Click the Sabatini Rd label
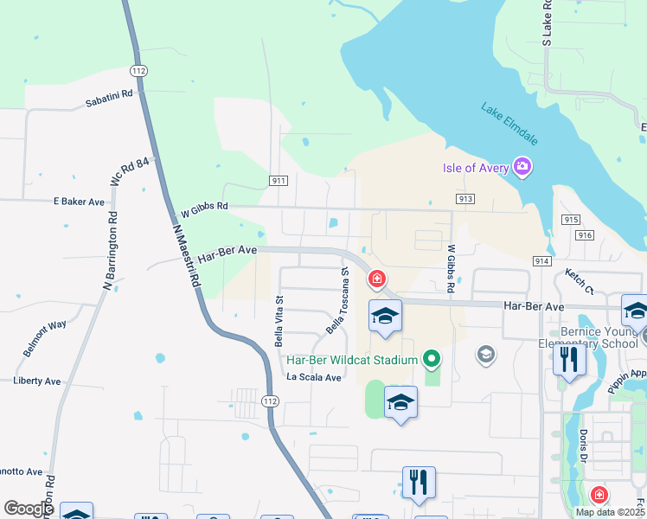click(108, 98)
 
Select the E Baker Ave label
click(79, 202)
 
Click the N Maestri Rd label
click(187, 257)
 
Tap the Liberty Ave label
click(37, 381)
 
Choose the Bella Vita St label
click(279, 320)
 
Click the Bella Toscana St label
click(336, 301)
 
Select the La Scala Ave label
click(315, 377)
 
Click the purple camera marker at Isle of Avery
click(522, 166)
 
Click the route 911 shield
click(278, 181)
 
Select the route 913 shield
click(465, 199)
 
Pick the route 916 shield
click(586, 234)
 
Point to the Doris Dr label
click(585, 445)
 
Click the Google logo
click(29, 509)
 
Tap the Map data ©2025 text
click(610, 512)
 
